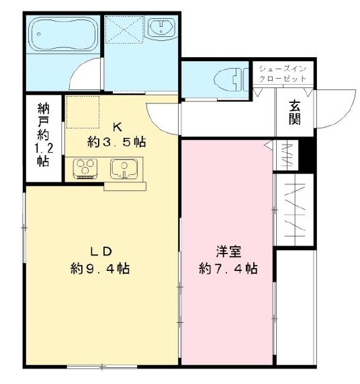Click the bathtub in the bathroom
[63, 34]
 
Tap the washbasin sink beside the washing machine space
[161, 28]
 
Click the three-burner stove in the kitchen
[85, 168]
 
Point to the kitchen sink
[124, 169]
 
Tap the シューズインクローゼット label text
[283, 73]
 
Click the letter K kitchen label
[117, 127]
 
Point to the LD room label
[101, 252]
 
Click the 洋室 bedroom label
[228, 252]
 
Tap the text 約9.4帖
[100, 268]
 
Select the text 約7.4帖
[228, 268]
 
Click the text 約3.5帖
[117, 142]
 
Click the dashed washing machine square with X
[124, 30]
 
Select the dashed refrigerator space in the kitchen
[83, 112]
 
